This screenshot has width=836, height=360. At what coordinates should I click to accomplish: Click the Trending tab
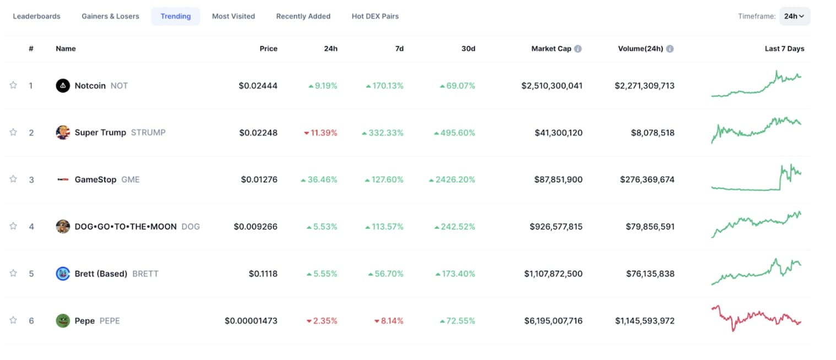tap(176, 17)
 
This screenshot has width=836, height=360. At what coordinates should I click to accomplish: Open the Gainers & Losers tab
tap(110, 17)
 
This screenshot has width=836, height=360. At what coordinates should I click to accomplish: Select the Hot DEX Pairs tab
tap(375, 17)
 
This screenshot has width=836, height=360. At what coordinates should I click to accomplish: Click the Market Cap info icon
tap(578, 49)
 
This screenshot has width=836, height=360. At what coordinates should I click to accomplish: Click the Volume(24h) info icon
tap(670, 49)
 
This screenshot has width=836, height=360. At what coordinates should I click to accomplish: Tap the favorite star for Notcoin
tap(13, 85)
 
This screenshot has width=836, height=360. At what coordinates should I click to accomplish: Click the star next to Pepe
tap(13, 320)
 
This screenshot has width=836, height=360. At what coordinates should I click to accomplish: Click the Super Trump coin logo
tap(63, 133)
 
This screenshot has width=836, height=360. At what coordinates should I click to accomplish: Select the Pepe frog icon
tap(63, 320)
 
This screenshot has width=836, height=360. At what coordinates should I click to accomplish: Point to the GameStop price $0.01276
tap(259, 179)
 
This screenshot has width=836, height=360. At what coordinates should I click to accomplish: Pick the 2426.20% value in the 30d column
tap(452, 179)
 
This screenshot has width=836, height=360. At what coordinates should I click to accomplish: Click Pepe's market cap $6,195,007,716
tap(553, 321)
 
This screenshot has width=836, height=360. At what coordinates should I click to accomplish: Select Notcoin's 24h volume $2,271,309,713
tap(644, 86)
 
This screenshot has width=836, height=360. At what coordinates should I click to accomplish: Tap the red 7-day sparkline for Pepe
tap(756, 318)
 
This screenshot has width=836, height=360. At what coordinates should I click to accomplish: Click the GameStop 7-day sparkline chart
tap(756, 178)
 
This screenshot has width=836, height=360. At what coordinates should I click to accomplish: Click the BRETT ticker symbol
tap(145, 274)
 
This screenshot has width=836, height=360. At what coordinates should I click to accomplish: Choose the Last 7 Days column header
tap(784, 49)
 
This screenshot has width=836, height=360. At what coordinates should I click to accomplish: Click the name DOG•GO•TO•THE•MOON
tap(126, 226)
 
